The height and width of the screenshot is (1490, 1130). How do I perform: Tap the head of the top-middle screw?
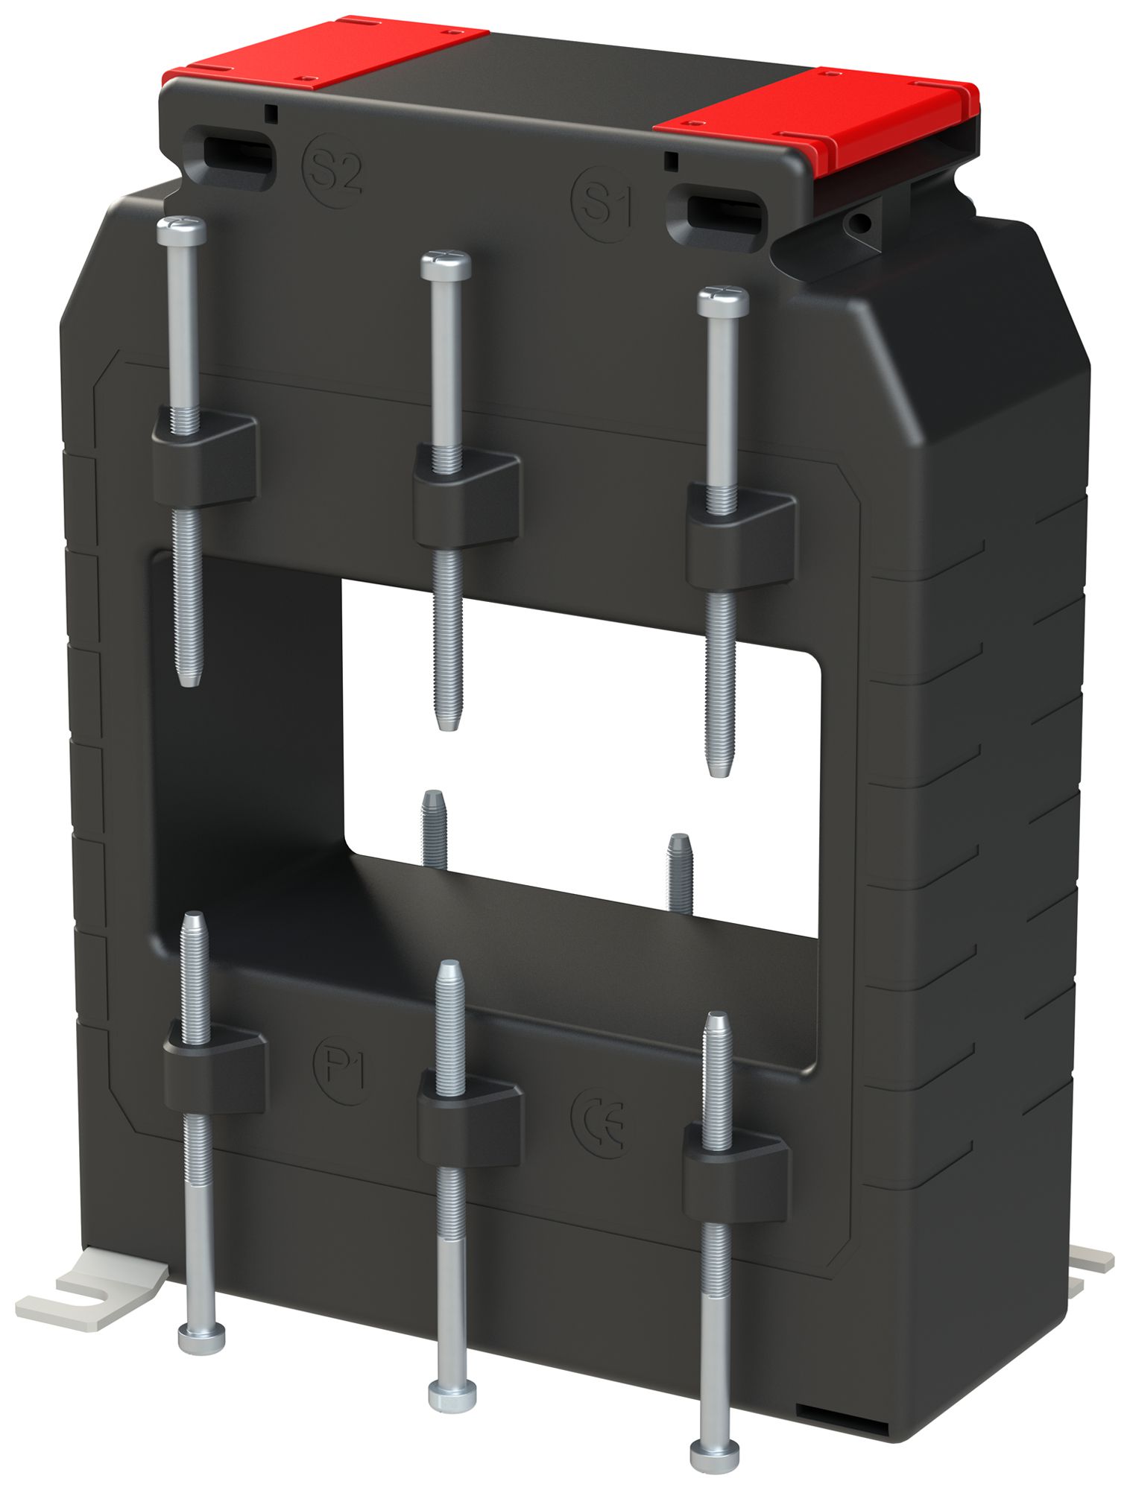[x=446, y=264]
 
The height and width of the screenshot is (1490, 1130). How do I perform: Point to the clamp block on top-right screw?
[x=740, y=536]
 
